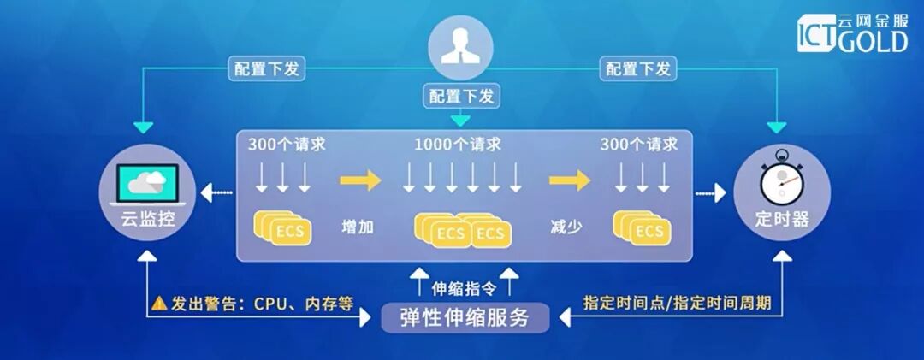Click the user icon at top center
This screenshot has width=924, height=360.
click(x=461, y=48)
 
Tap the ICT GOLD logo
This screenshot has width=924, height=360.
click(x=852, y=33)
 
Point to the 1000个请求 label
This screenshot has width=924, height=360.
click(x=459, y=143)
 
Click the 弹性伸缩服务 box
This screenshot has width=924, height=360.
click(x=465, y=318)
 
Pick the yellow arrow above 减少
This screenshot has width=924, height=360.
click(x=569, y=180)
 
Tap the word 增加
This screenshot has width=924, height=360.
click(x=358, y=227)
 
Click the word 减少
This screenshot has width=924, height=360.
click(x=566, y=227)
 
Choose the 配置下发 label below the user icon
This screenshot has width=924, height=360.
click(x=462, y=95)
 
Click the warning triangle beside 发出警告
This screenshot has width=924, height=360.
click(x=159, y=303)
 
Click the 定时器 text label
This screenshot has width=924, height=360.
click(x=781, y=219)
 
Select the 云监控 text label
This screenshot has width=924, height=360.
click(x=147, y=219)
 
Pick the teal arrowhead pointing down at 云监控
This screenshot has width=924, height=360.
click(x=144, y=127)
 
